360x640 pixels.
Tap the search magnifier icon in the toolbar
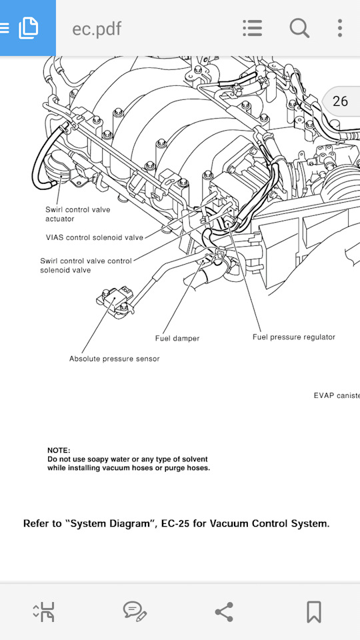point(299,28)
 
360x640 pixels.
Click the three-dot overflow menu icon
point(339,28)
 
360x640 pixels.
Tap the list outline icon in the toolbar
point(252,28)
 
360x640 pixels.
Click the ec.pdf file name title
point(97,29)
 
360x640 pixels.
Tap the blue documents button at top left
point(27,28)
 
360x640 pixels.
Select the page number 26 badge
point(340,101)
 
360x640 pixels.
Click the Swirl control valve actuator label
point(77,214)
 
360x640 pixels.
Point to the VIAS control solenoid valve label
point(94,237)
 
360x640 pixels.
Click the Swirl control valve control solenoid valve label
point(86,265)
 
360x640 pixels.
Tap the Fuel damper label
point(177,338)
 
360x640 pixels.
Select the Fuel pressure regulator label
point(293,337)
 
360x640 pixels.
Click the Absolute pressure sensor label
point(114,359)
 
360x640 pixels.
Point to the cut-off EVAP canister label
point(336,395)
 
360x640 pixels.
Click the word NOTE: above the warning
point(59,451)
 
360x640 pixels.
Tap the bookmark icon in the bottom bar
point(313,611)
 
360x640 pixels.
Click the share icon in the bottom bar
point(224,611)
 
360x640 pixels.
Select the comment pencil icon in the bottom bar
point(135,611)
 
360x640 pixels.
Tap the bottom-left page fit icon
point(44,611)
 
